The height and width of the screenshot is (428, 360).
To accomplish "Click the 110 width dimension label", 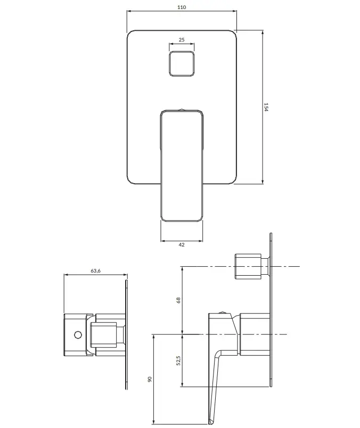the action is click(x=182, y=7).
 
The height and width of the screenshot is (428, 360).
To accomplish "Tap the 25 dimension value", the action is click(x=182, y=39).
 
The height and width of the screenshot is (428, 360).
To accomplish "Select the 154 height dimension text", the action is click(x=266, y=107).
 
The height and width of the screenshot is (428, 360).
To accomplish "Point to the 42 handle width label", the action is click(x=182, y=244).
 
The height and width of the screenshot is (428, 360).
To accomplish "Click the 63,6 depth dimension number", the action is click(x=96, y=271).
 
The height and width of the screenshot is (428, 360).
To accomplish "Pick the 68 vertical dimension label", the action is click(x=178, y=300).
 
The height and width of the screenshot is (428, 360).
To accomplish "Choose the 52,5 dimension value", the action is click(x=178, y=360).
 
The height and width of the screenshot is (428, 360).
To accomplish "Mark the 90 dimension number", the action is click(x=150, y=379).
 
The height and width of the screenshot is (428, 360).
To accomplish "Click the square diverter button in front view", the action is click(x=182, y=63).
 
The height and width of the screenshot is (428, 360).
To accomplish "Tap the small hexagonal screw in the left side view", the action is click(x=78, y=335).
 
